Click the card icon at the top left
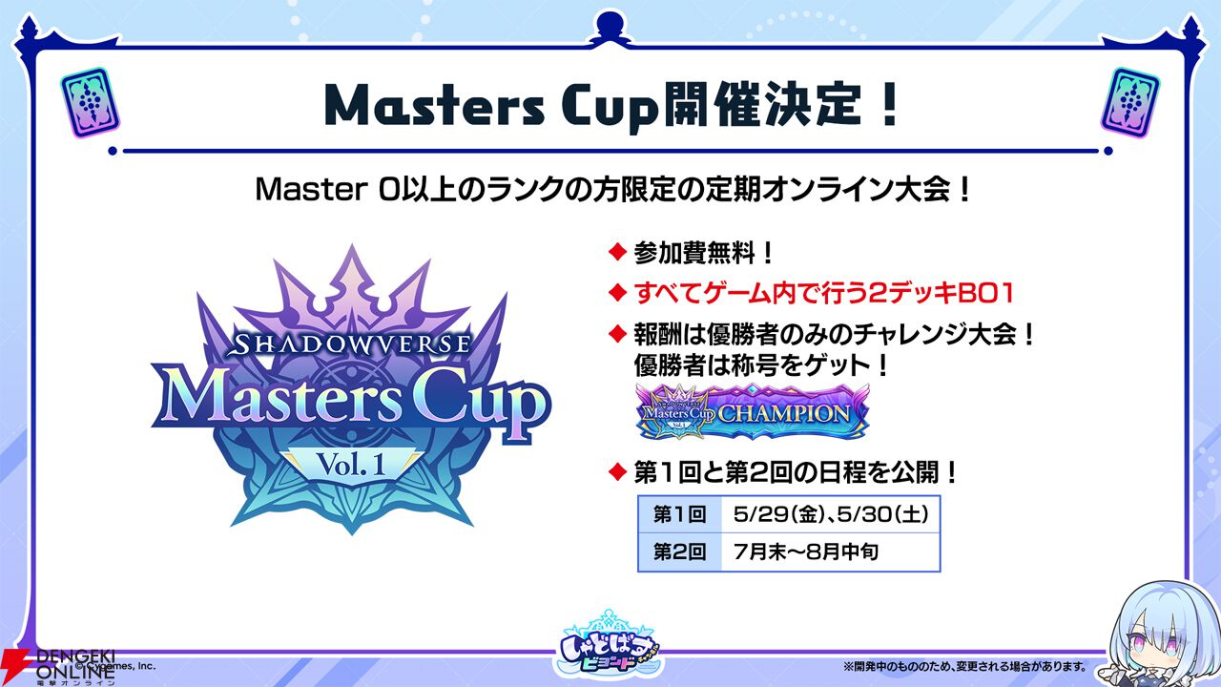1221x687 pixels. (x=90, y=102)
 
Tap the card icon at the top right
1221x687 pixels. (x=1130, y=102)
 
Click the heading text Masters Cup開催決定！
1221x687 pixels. (x=610, y=107)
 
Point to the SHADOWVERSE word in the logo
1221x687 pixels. (x=352, y=343)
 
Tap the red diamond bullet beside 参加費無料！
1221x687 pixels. (x=617, y=253)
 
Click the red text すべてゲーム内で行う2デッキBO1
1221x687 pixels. (x=824, y=294)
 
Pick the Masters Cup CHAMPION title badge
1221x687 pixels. (x=753, y=412)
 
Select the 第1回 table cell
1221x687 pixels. (x=680, y=514)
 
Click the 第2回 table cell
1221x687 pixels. (x=680, y=552)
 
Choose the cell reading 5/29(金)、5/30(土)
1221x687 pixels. (x=831, y=514)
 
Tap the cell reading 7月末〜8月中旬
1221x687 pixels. (x=831, y=552)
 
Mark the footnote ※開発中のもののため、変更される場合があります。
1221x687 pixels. (x=964, y=666)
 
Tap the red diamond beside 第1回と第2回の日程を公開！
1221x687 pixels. (x=617, y=471)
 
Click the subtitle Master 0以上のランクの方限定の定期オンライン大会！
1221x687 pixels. (x=612, y=190)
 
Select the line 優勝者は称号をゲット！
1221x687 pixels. (x=761, y=365)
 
